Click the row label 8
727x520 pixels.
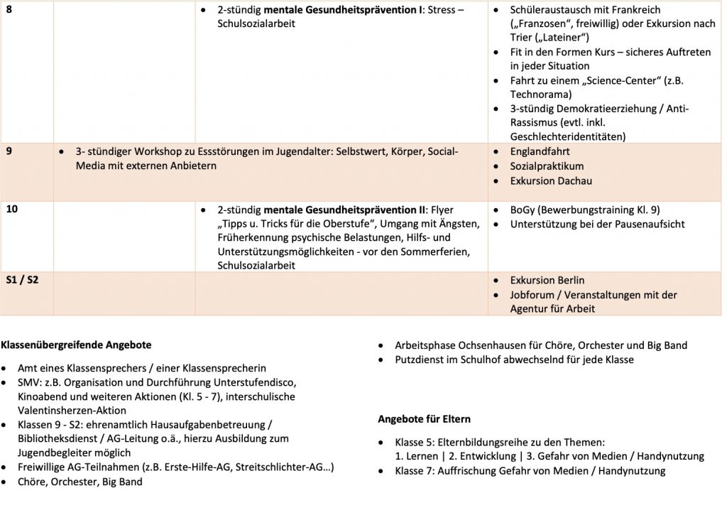coord(9,9)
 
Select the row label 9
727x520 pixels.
coord(9,151)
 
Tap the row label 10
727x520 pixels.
coord(12,209)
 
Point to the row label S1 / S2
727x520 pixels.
coord(22,280)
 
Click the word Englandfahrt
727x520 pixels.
coord(540,151)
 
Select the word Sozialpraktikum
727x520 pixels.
coord(547,166)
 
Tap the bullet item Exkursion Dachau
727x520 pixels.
coord(551,180)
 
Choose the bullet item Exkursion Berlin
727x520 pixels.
coord(547,280)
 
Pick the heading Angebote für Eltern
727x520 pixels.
coord(424,418)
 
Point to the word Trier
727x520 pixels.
coord(523,37)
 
